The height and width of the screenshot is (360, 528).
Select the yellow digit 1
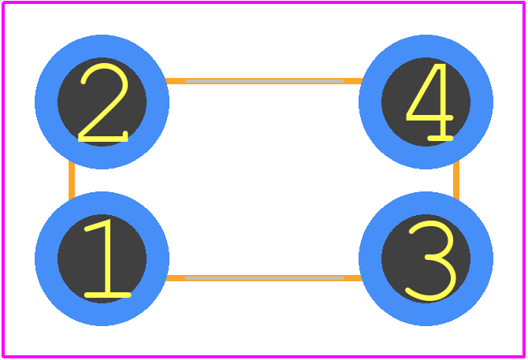point(108,258)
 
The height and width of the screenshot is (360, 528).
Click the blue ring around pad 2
point(46,102)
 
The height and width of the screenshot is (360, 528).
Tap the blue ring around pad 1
point(46,258)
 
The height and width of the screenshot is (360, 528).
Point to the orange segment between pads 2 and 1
point(72,180)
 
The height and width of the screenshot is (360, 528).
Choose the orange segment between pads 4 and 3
point(456,180)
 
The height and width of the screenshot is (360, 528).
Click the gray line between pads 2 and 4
point(264,81)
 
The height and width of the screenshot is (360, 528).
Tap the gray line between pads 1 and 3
point(264,278)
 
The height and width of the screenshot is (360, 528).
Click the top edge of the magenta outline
point(264,2)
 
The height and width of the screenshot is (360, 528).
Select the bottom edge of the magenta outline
point(264,356)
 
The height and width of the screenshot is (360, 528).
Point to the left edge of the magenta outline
point(3,180)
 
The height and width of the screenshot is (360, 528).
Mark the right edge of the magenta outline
point(523,180)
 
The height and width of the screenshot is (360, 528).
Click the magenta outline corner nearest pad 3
point(523,356)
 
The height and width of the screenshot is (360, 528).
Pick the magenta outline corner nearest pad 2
point(3,2)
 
